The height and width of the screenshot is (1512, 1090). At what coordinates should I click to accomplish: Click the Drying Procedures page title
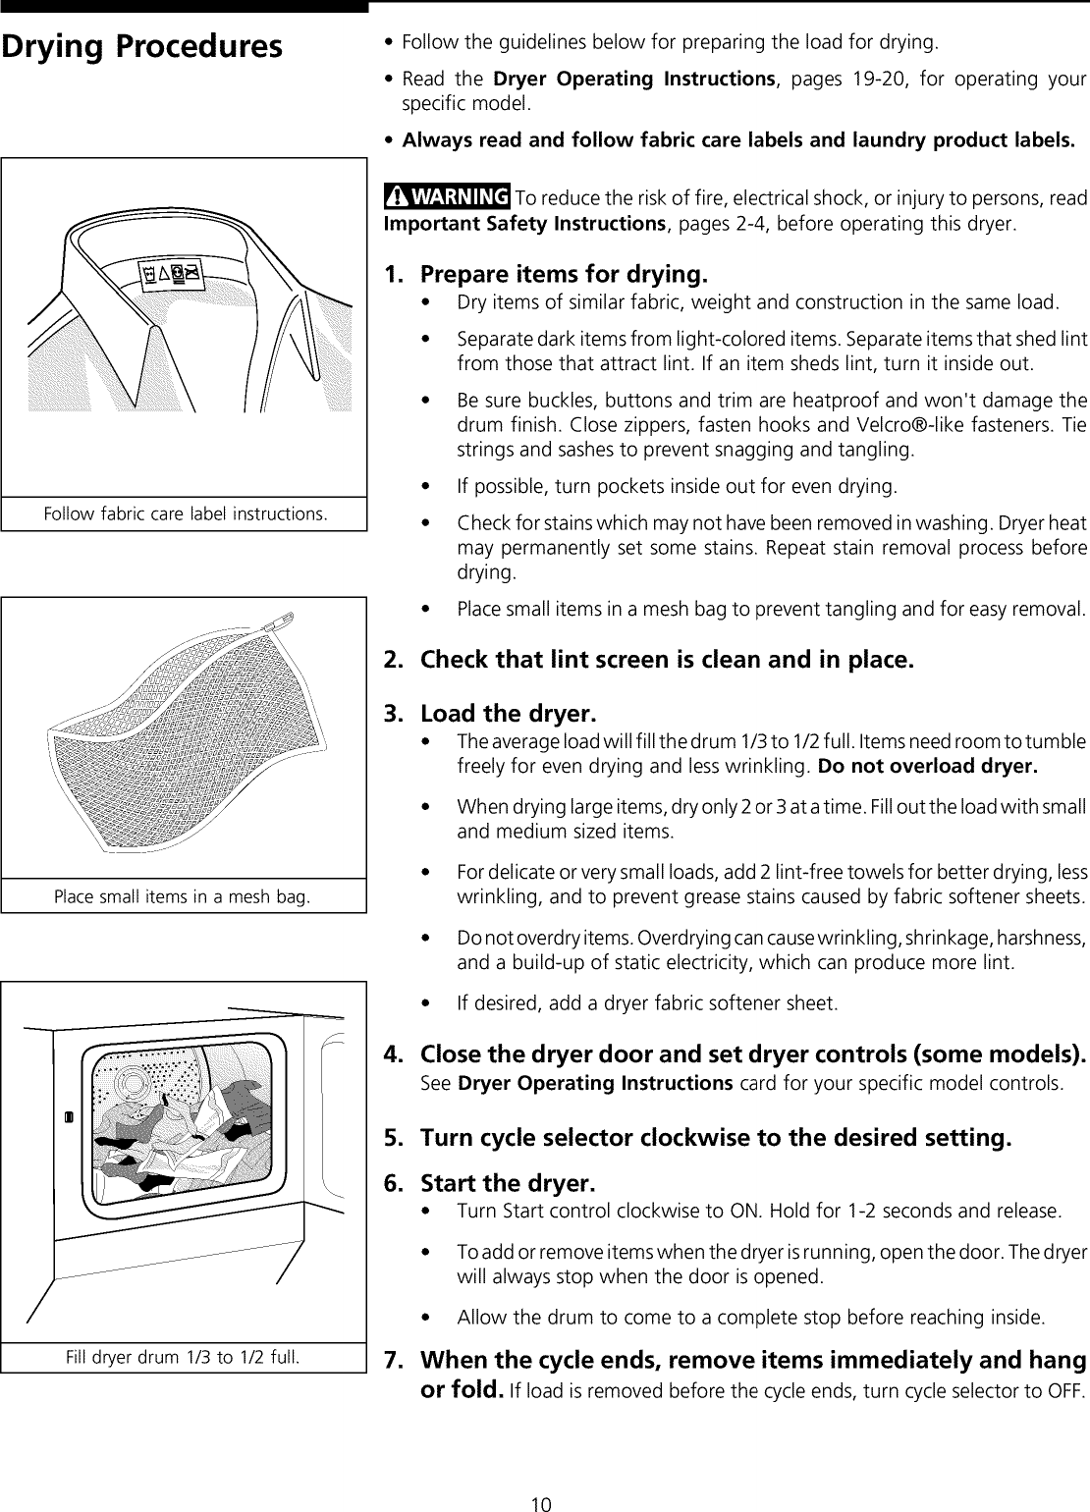click(142, 47)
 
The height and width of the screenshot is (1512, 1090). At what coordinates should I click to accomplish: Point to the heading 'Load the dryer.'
click(508, 712)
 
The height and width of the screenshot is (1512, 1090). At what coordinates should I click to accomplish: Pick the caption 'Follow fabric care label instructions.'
click(184, 514)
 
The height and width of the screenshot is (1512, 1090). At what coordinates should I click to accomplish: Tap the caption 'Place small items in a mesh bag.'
click(184, 896)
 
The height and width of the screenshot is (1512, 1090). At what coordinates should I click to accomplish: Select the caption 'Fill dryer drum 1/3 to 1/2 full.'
click(184, 1358)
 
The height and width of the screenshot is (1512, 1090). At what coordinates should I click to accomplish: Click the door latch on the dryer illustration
click(68, 1117)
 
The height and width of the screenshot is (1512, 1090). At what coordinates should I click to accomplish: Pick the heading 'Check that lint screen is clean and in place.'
click(667, 659)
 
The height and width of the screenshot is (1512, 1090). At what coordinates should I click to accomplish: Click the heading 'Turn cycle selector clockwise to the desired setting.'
click(715, 1138)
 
